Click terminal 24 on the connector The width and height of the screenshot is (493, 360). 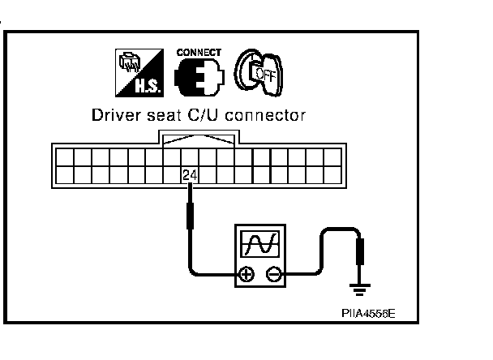pyautogui.click(x=191, y=174)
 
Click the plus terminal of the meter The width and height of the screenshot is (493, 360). pyautogui.click(x=246, y=275)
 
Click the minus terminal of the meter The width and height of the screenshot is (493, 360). pyautogui.click(x=274, y=275)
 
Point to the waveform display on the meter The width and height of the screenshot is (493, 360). pyautogui.click(x=259, y=243)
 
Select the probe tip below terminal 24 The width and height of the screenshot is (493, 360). pyautogui.click(x=191, y=216)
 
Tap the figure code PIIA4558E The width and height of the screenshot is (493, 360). pyautogui.click(x=369, y=313)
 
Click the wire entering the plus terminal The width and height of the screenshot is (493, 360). pyautogui.click(x=211, y=274)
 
